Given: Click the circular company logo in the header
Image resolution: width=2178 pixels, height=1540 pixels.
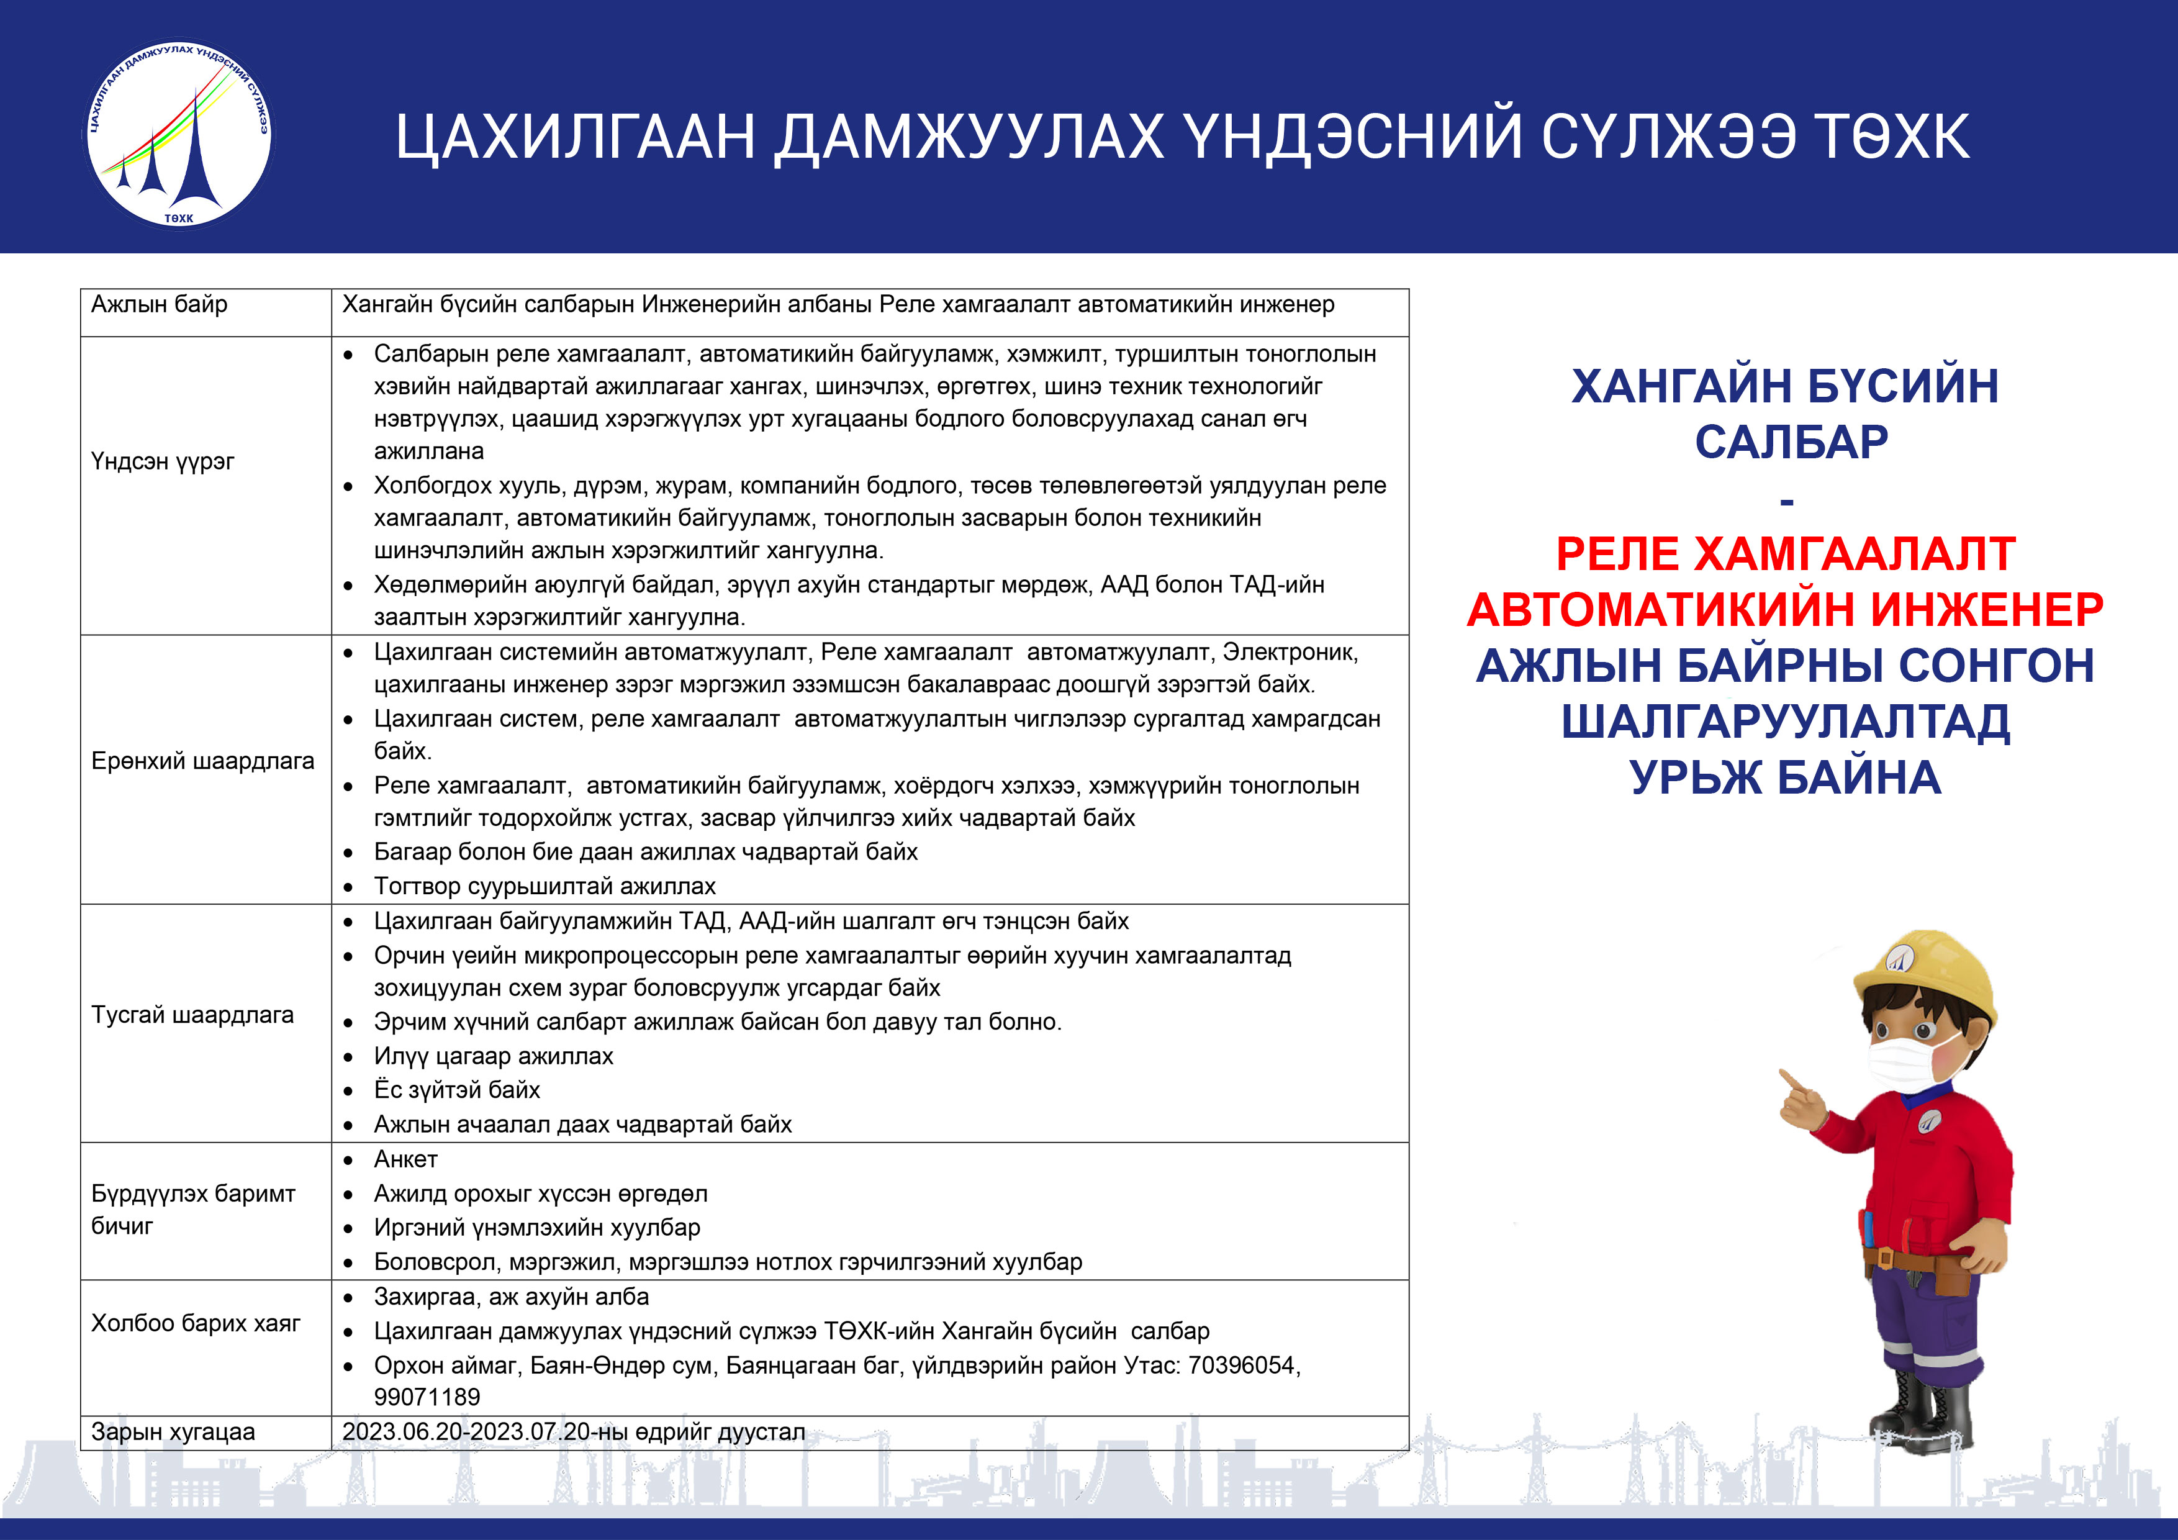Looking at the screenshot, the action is click(x=178, y=134).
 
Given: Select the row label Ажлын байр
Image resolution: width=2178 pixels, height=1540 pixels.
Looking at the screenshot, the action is click(x=160, y=304).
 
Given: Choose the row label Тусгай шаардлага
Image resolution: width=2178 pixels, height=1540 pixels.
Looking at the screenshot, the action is click(x=192, y=1015).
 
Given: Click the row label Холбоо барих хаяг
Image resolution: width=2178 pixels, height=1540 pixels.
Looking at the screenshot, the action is click(x=196, y=1324).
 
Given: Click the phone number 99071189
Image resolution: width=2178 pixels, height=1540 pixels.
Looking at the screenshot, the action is click(x=427, y=1398).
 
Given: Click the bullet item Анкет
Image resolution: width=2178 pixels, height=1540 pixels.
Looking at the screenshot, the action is click(x=406, y=1159).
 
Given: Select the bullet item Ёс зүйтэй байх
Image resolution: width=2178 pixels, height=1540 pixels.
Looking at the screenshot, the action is click(x=457, y=1090).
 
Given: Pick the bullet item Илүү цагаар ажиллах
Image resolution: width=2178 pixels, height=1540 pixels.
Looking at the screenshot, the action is click(x=493, y=1056).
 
